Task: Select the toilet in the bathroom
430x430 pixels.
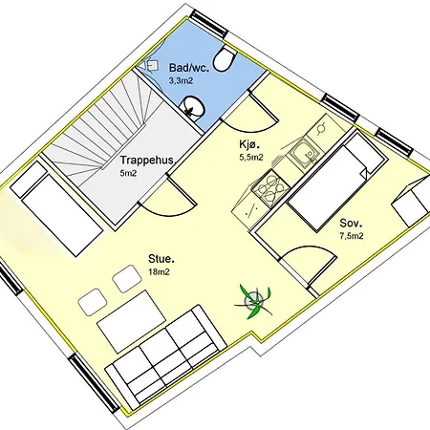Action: (x=223, y=59)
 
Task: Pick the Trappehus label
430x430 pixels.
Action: (x=145, y=161)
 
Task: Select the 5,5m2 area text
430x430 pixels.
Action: (x=251, y=158)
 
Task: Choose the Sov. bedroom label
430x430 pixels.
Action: (x=351, y=225)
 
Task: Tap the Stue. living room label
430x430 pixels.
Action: (x=161, y=258)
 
